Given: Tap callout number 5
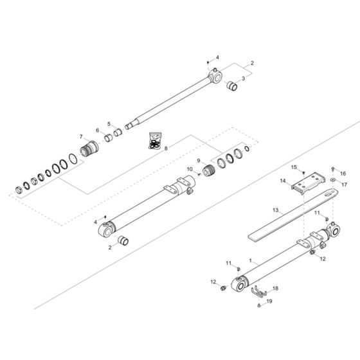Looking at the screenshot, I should [109, 124].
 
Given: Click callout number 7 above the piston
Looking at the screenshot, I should [81, 137].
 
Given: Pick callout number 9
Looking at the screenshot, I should [199, 161].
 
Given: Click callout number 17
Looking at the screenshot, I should [343, 184].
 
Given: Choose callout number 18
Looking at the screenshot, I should [275, 289].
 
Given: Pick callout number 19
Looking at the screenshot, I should [269, 301].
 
